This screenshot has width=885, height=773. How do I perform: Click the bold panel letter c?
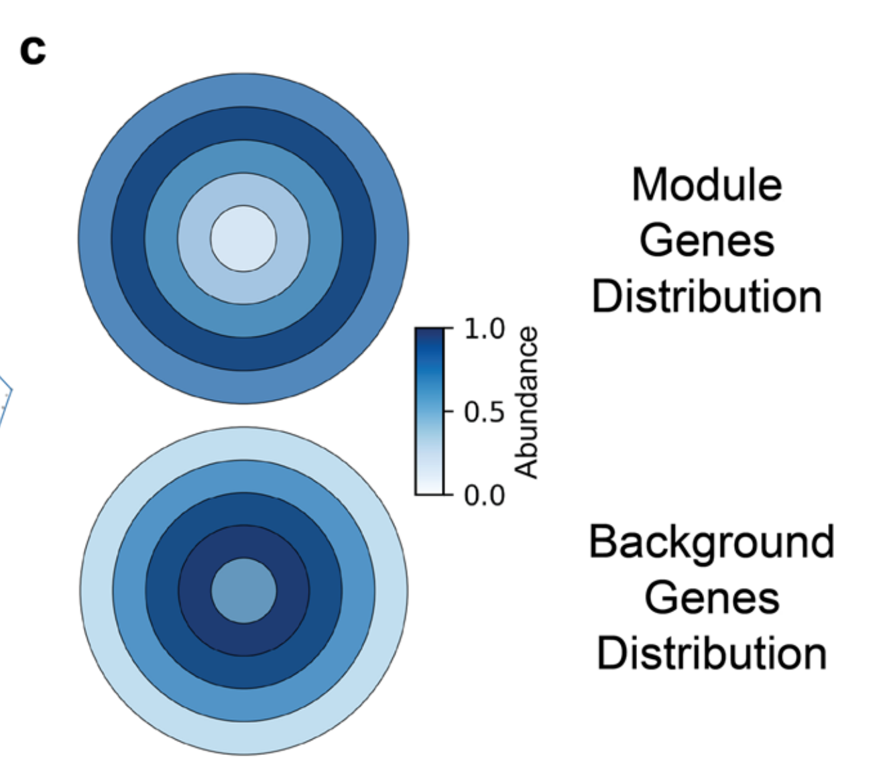tap(33, 50)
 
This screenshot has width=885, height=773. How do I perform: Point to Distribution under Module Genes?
tap(707, 296)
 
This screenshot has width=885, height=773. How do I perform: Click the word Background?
tap(711, 542)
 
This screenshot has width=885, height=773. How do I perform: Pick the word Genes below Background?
tap(711, 597)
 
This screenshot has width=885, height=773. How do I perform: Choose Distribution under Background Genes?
tap(711, 654)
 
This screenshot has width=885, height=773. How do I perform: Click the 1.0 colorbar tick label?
tap(484, 329)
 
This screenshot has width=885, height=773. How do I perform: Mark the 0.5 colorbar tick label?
tap(484, 412)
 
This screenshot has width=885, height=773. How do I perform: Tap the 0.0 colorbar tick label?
tap(484, 495)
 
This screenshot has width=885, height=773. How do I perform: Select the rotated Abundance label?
tap(527, 402)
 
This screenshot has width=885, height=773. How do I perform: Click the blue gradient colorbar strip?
tap(429, 411)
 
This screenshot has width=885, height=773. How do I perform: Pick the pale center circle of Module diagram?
tap(243, 239)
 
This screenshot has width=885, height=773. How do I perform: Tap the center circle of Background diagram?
tap(243, 591)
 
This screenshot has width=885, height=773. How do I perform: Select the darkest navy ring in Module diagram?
tap(128, 239)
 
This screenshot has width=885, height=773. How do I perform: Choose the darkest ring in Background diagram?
tap(194, 591)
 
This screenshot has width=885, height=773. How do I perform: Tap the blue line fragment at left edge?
tap(5, 402)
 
